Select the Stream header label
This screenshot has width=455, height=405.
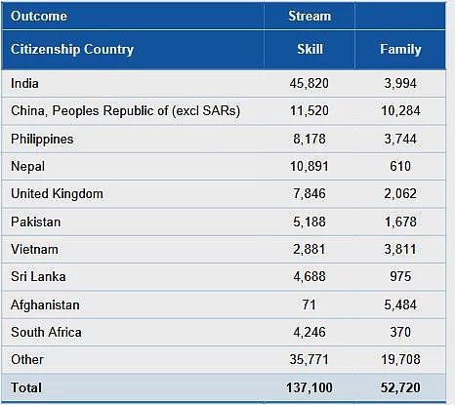tap(310, 16)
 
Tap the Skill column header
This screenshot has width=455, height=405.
tap(310, 49)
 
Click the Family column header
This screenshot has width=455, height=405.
tap(400, 50)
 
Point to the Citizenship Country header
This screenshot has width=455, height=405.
tap(72, 50)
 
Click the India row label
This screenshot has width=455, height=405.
tap(24, 83)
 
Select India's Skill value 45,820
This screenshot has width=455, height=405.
tap(310, 83)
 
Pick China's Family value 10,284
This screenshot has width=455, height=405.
tap(400, 110)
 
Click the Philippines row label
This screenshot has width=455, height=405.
tap(42, 140)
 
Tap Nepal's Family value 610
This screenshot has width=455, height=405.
tap(400, 166)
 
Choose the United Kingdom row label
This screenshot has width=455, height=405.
tap(57, 194)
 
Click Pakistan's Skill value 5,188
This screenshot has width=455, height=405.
tap(310, 222)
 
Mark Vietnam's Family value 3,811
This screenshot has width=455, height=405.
tap(400, 250)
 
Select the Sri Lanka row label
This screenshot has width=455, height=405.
tap(38, 276)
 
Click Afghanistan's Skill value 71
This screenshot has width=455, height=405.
tap(309, 304)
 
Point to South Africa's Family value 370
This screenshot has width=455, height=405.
tap(400, 332)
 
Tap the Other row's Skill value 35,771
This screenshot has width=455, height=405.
tap(310, 359)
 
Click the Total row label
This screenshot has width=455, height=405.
tap(26, 387)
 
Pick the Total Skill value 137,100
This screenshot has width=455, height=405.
tap(310, 387)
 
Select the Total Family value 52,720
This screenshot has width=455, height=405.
tap(400, 387)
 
